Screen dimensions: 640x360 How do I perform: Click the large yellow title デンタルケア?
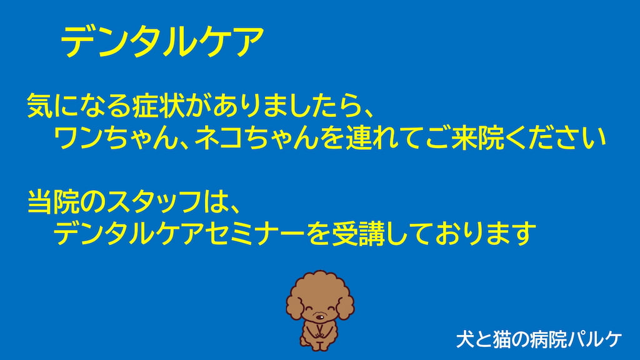click(162, 42)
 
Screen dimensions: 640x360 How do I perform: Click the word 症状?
click(158, 105)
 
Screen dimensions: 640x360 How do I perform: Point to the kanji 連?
click(359, 138)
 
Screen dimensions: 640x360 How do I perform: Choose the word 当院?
click(54, 202)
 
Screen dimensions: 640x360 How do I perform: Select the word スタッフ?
click(155, 202)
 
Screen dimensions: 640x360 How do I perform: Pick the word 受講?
click(358, 234)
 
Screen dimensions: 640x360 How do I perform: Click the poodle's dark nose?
click(321, 316)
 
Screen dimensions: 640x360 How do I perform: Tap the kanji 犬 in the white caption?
click(465, 339)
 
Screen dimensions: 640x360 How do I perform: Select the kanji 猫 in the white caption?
click(501, 339)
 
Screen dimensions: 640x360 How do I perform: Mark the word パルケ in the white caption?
click(594, 339)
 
